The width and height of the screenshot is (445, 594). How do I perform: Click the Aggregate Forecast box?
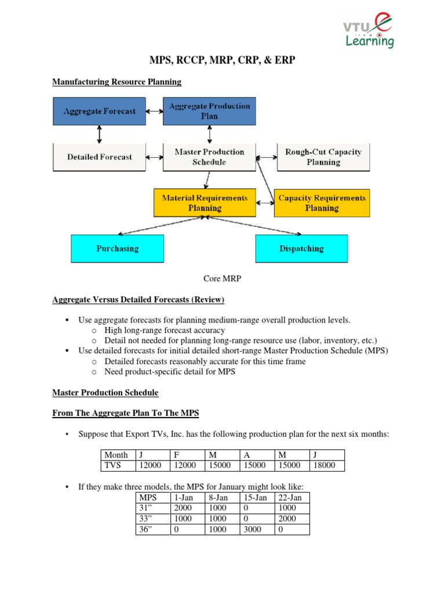(100, 111)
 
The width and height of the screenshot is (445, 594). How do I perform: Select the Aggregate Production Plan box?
(209, 111)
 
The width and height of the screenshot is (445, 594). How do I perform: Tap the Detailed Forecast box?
(99, 157)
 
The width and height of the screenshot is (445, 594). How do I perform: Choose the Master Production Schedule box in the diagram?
(209, 157)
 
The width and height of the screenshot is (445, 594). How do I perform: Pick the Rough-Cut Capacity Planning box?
(323, 157)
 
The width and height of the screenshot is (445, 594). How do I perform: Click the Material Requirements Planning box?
(205, 202)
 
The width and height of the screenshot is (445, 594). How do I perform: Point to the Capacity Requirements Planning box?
(322, 202)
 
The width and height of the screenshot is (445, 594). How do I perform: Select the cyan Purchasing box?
(117, 248)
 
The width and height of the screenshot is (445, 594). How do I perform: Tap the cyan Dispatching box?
(301, 248)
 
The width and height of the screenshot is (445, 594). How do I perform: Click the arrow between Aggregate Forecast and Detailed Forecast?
(100, 134)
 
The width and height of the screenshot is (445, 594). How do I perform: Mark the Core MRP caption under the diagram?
(222, 278)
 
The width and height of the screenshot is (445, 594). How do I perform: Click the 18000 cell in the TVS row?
(326, 465)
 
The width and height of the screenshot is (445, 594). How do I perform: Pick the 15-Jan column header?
(256, 498)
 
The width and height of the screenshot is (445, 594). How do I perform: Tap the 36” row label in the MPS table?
(146, 529)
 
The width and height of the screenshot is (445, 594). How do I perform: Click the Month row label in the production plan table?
(116, 455)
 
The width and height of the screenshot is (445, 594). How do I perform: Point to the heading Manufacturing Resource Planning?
(116, 82)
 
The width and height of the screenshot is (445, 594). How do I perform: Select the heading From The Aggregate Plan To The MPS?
(126, 413)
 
